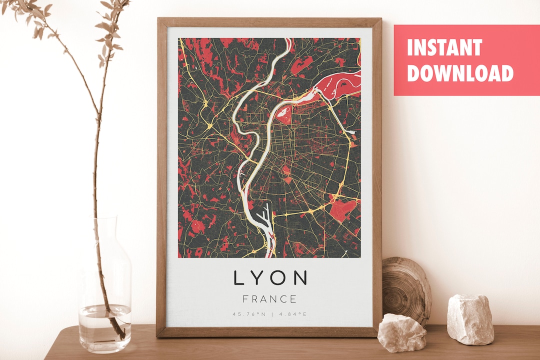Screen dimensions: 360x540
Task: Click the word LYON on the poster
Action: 270,278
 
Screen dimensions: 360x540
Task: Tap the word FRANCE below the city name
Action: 270,299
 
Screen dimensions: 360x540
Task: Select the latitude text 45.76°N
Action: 248,314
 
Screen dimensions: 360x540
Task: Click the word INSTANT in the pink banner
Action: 444,48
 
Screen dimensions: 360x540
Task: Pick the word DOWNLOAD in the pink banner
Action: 460,73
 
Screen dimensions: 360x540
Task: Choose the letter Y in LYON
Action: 257,278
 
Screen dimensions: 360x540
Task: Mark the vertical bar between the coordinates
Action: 270,314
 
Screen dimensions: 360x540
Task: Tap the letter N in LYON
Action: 300,278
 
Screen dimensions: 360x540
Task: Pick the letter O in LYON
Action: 278,278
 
